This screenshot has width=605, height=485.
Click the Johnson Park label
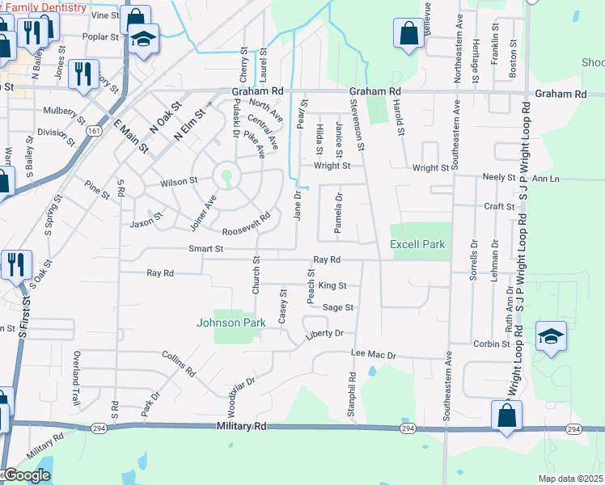click(x=231, y=323)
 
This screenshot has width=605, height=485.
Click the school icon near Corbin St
click(x=551, y=336)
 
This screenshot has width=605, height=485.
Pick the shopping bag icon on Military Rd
click(x=506, y=415)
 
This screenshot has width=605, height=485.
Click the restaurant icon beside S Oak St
click(x=15, y=264)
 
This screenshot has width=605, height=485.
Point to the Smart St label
click(x=205, y=249)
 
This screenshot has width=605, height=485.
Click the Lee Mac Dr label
click(x=373, y=355)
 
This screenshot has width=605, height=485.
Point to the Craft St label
click(x=500, y=206)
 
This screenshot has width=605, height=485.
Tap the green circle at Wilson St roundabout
click(x=227, y=175)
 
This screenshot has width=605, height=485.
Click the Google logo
click(x=26, y=476)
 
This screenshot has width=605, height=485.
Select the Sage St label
click(x=338, y=307)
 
